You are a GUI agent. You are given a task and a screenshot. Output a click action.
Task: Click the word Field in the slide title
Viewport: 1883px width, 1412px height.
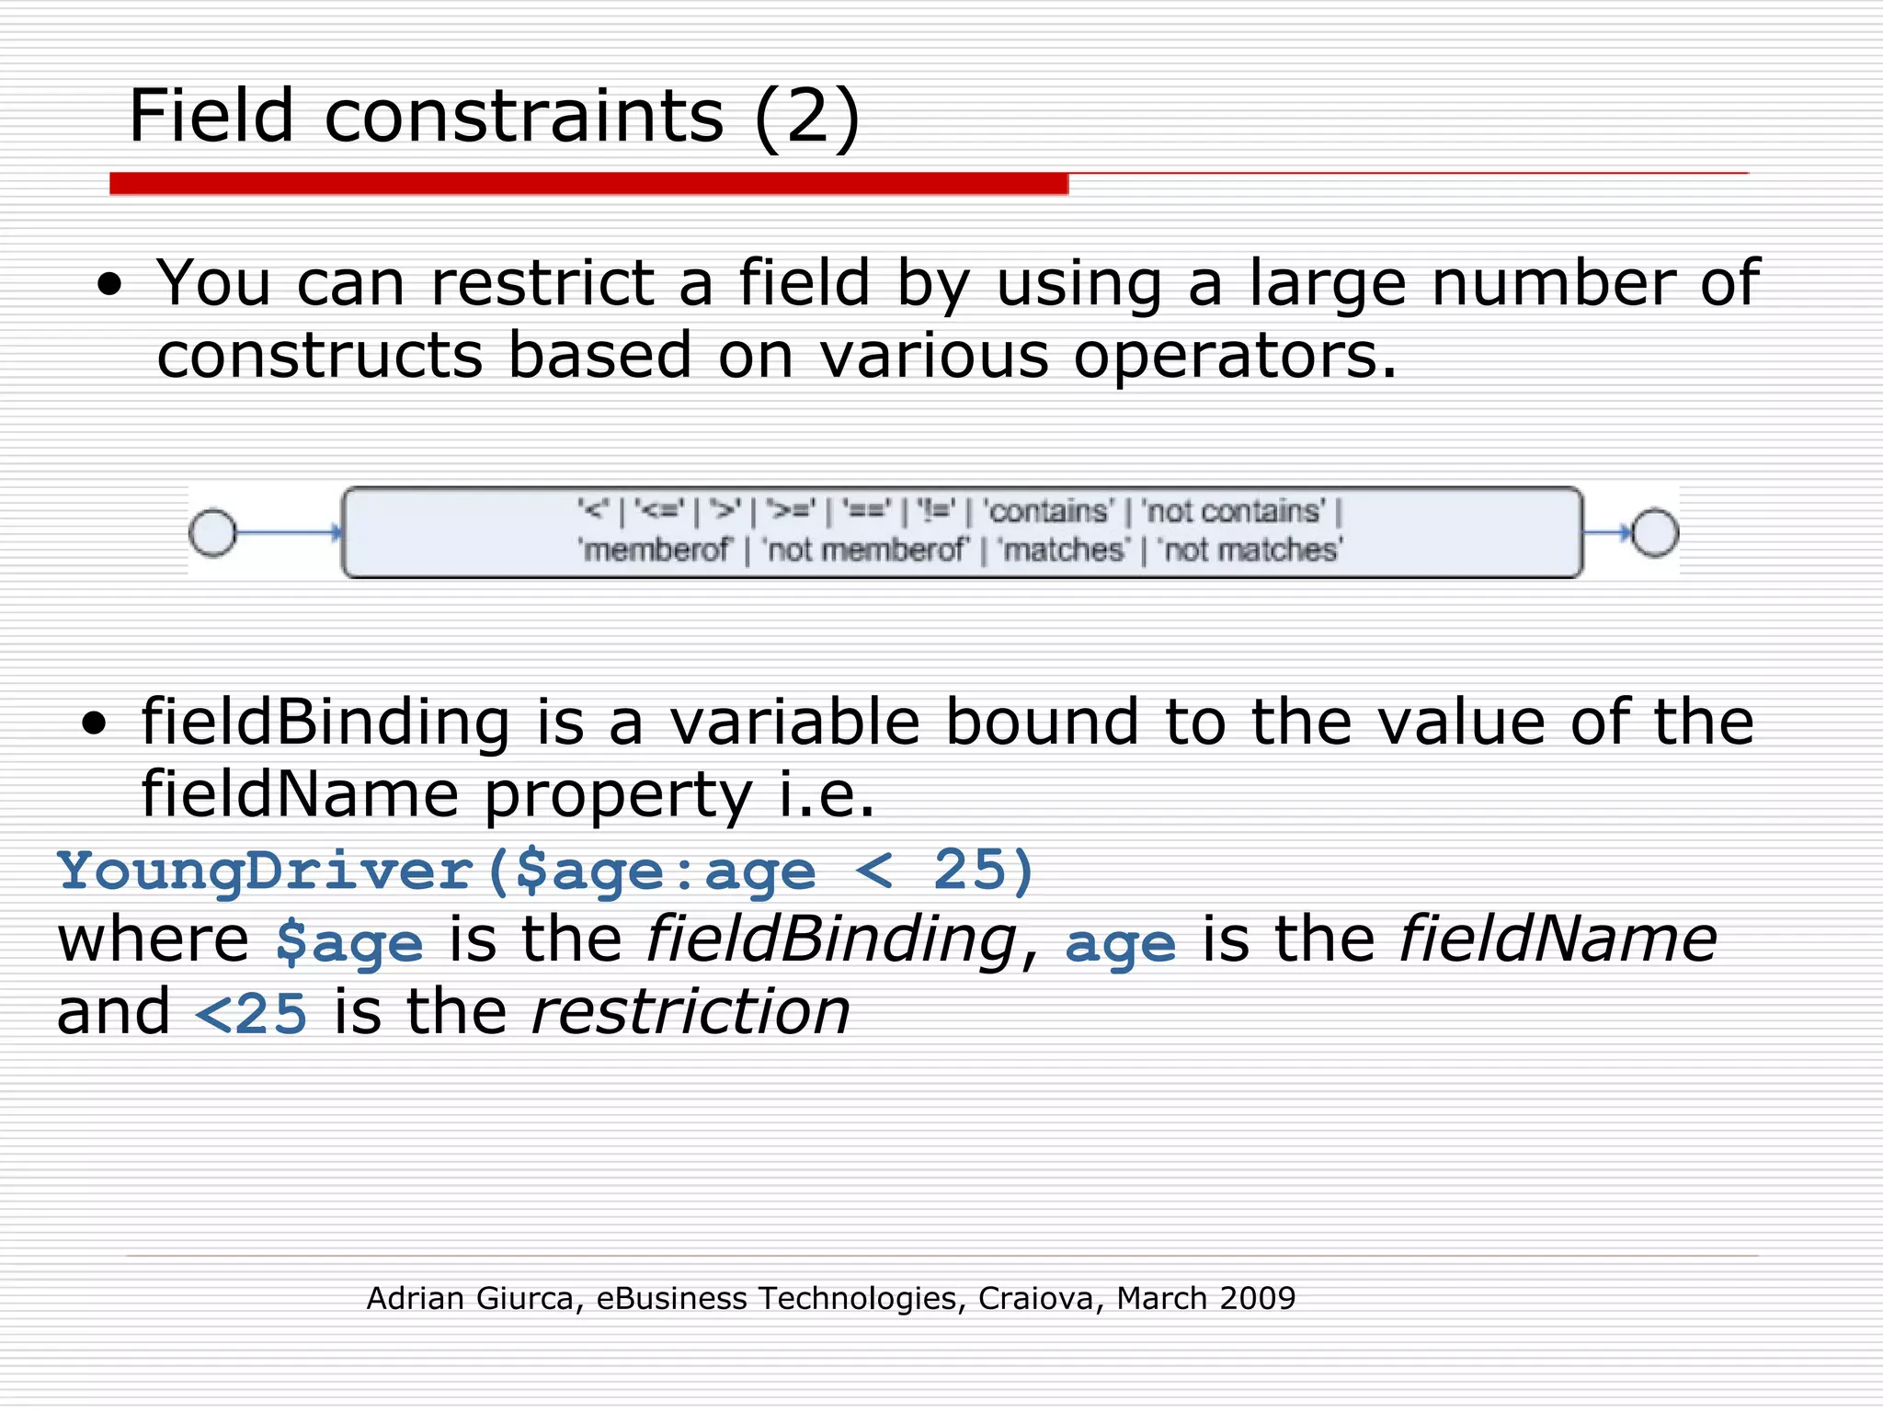[x=211, y=116]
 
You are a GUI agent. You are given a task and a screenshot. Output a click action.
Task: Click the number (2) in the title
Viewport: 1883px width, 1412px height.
[x=806, y=118]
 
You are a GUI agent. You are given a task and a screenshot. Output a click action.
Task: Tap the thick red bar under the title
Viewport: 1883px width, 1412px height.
[x=588, y=184]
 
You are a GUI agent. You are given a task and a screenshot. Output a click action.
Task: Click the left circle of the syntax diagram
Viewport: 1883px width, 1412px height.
[x=212, y=532]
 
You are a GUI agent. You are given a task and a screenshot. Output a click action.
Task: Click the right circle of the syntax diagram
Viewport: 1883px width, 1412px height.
[x=1654, y=532]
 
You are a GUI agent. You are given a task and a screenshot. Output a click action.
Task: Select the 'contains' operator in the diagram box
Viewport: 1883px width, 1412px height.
[x=1049, y=511]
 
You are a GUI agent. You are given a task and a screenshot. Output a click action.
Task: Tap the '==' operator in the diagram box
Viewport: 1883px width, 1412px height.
[x=866, y=511]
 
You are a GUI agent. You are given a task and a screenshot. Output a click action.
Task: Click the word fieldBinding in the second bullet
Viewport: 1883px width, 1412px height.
[x=325, y=723]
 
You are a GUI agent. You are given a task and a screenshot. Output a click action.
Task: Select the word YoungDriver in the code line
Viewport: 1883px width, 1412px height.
[x=265, y=870]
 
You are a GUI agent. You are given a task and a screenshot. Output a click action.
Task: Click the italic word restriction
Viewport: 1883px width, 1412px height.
[x=690, y=1012]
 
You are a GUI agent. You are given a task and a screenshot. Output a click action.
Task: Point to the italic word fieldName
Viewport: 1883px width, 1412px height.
[x=1558, y=939]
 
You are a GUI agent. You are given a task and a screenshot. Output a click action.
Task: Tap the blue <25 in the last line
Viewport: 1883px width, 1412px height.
[x=251, y=1014]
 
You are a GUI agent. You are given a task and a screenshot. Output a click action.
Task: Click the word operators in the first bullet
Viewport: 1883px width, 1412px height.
[x=1235, y=357]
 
